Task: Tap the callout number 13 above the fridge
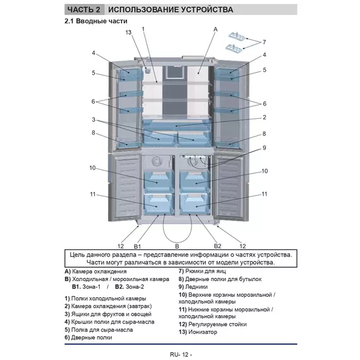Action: pyautogui.click(x=128, y=32)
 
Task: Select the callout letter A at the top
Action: pyautogui.click(x=215, y=30)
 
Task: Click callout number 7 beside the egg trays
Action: pyautogui.click(x=264, y=42)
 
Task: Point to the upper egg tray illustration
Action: pyautogui.click(x=237, y=36)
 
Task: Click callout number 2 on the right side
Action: pyautogui.click(x=265, y=117)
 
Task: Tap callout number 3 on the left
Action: pyautogui.click(x=93, y=119)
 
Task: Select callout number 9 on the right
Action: pyautogui.click(x=264, y=148)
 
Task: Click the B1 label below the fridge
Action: pyautogui.click(x=137, y=246)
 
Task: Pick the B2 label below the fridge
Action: pyautogui.click(x=218, y=246)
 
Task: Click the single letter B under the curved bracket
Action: pyautogui.click(x=177, y=246)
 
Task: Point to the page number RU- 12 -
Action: pyautogui.click(x=181, y=354)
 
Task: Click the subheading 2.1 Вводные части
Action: pyautogui.click(x=96, y=21)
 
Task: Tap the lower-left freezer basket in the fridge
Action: pyautogui.click(x=158, y=204)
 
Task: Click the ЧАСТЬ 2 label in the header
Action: pyautogui.click(x=84, y=9)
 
